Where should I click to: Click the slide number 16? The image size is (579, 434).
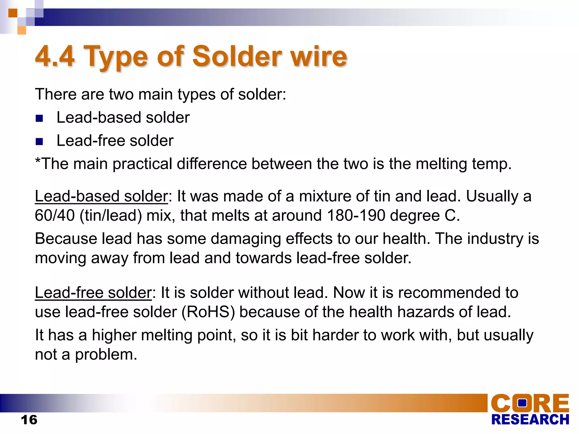click(29, 420)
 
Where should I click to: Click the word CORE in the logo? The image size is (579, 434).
click(530, 403)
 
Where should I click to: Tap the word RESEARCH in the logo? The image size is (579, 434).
click(530, 420)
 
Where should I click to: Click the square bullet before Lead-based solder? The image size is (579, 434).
click(39, 118)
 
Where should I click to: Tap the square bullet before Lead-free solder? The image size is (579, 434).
click(39, 141)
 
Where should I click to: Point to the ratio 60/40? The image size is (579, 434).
click(55, 215)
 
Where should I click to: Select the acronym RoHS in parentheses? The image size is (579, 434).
click(208, 312)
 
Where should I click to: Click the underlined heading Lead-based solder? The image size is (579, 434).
click(101, 196)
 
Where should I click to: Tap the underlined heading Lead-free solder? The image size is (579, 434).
click(93, 293)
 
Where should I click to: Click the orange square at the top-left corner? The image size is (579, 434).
click(13, 13)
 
